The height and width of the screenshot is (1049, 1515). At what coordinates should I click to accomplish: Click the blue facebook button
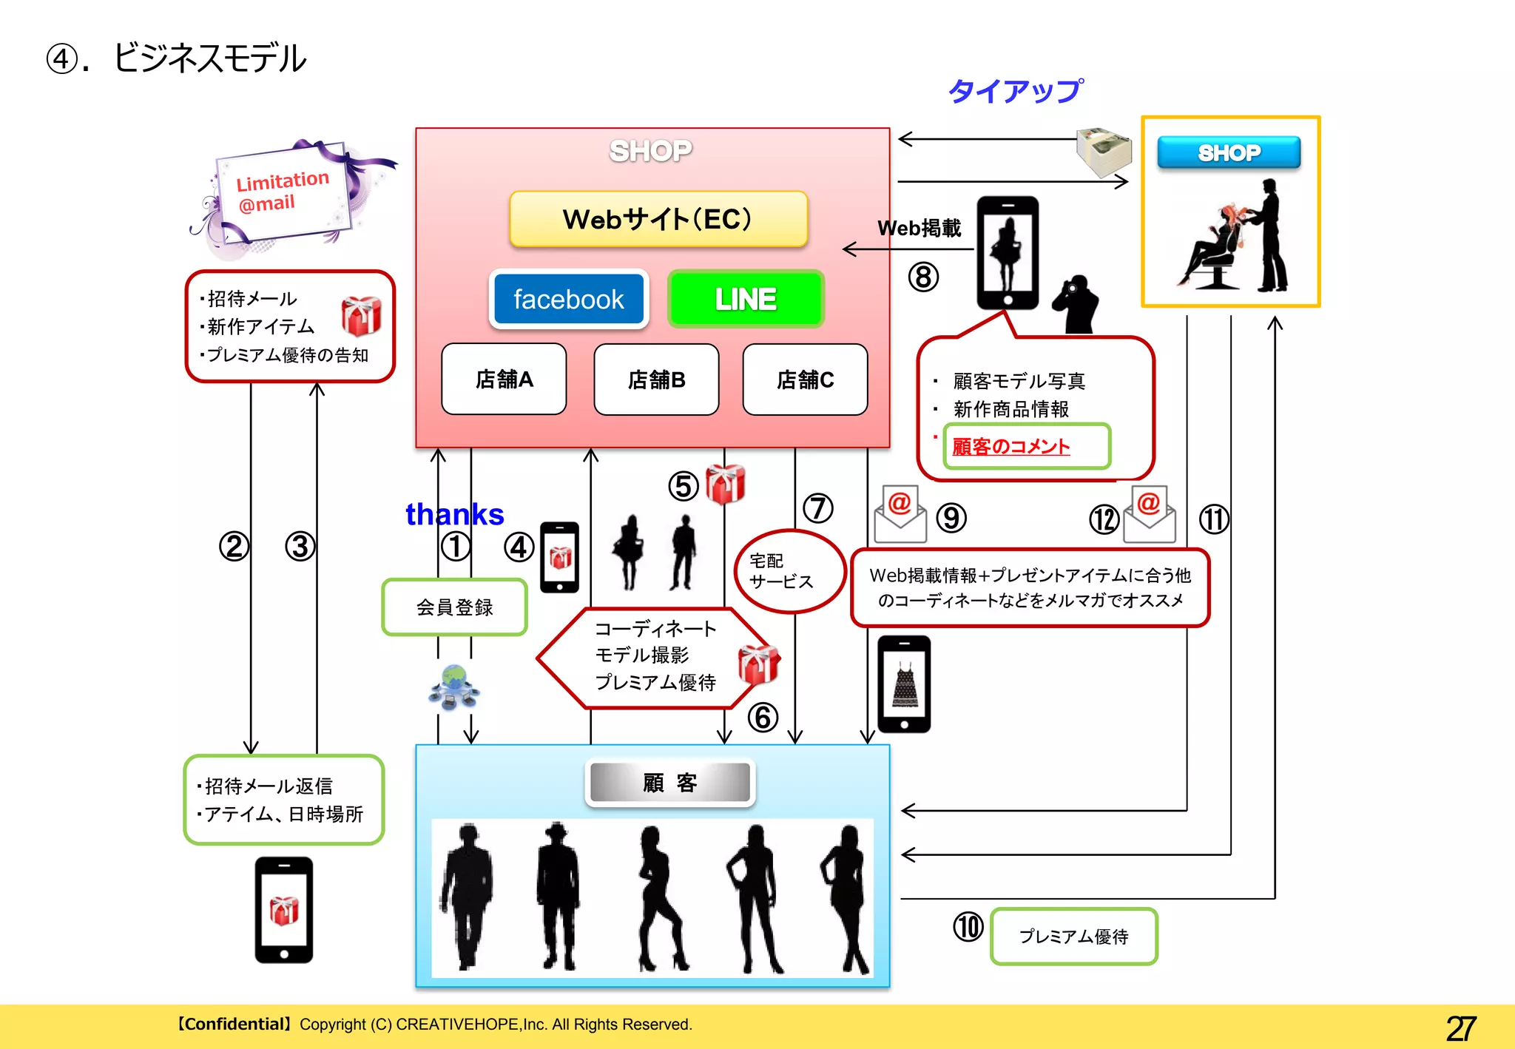point(568,299)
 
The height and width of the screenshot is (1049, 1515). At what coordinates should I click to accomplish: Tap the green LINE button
point(746,299)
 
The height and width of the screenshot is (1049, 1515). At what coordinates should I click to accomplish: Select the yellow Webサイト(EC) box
point(658,219)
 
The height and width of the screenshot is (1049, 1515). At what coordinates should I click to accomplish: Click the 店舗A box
point(504,379)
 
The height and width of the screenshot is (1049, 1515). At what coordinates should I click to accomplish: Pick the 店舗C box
point(805,380)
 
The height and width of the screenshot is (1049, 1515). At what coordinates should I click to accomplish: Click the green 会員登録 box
point(454,607)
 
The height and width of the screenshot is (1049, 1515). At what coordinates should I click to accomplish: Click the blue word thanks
point(454,514)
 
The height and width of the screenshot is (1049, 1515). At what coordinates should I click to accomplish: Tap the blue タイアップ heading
point(1016,91)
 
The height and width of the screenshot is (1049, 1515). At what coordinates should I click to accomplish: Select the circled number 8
point(923,277)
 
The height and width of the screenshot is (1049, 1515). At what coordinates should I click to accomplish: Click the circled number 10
point(968,927)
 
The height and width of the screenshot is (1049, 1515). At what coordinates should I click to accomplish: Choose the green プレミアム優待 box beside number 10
point(1073,937)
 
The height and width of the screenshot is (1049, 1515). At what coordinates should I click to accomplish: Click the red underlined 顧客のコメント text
point(1010,447)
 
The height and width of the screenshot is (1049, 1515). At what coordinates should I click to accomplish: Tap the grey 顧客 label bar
point(669,783)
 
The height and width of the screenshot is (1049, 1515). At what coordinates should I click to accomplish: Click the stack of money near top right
point(1104,152)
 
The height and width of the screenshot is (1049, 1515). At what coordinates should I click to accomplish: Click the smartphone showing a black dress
point(904,684)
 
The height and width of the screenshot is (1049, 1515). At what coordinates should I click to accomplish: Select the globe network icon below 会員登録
point(454,687)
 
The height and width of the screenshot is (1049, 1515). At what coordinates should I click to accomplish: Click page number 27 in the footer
point(1461,1028)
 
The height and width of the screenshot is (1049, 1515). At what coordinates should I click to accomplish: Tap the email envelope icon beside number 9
point(900,514)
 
